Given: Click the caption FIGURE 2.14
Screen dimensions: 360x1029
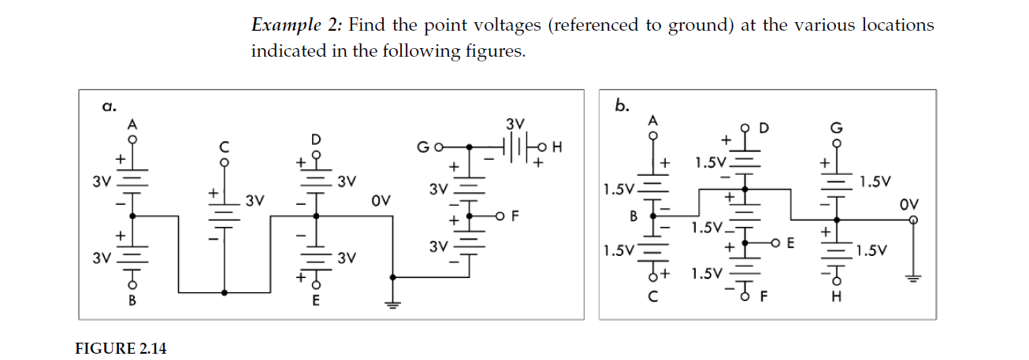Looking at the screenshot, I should pos(121,348).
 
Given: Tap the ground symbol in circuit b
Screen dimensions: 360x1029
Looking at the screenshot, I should pos(913,277).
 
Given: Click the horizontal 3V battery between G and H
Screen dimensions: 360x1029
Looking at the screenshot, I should pos(514,147).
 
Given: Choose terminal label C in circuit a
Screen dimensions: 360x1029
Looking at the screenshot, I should pos(224,147).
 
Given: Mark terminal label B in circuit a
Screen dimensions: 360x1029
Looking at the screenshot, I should pos(132,300).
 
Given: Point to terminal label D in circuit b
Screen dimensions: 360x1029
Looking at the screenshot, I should pos(763,128).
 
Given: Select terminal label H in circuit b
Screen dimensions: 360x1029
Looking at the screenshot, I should pos(837,299).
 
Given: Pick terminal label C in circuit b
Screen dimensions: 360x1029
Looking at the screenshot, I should pos(652,299).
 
